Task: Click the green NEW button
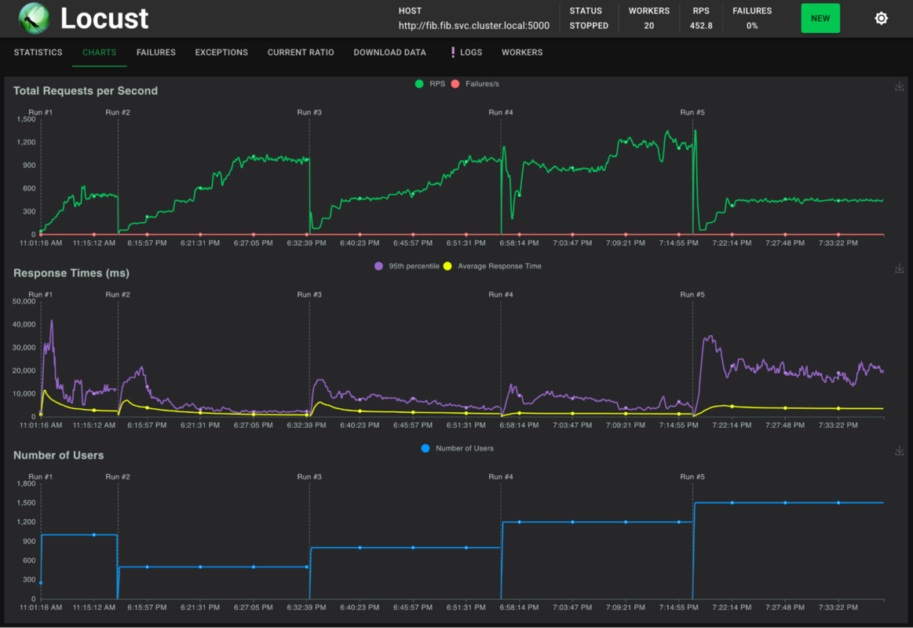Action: (820, 18)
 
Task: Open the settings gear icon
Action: (881, 18)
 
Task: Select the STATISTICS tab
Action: (38, 53)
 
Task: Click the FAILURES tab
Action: (155, 53)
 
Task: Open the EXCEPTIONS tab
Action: (221, 53)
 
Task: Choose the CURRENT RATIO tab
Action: (301, 53)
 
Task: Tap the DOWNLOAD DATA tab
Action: (389, 53)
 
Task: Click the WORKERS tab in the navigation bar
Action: (522, 53)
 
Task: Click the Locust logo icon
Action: (34, 18)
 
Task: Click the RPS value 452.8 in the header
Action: (701, 26)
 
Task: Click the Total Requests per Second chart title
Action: (86, 91)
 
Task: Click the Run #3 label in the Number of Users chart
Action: (309, 476)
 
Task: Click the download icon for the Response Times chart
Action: (900, 268)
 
